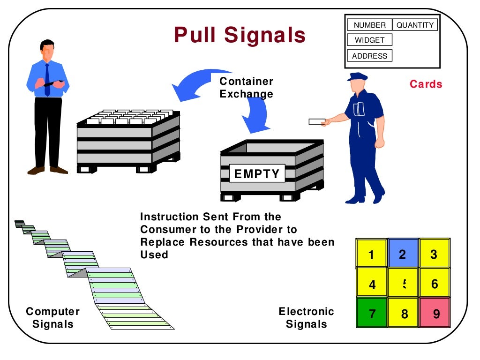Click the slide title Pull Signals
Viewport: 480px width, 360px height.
(240, 35)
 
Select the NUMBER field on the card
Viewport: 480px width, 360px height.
(369, 25)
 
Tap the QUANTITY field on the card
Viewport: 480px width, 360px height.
(414, 25)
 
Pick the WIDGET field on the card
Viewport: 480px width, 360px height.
(369, 40)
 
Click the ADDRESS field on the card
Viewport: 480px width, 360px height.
(369, 56)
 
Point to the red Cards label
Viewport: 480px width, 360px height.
(426, 84)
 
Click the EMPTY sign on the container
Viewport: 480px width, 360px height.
(256, 174)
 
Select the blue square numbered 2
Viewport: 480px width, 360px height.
(403, 254)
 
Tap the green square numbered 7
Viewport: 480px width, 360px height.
(372, 313)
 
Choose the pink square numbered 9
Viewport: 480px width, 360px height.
(435, 313)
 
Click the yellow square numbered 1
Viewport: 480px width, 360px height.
(371, 254)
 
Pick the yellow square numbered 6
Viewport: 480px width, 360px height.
(435, 283)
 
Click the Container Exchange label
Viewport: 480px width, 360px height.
(246, 88)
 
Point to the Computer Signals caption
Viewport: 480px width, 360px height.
(52, 318)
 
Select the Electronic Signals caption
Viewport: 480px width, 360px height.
(306, 318)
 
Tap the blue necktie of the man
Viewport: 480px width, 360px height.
(47, 80)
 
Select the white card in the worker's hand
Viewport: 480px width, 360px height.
(317, 122)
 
